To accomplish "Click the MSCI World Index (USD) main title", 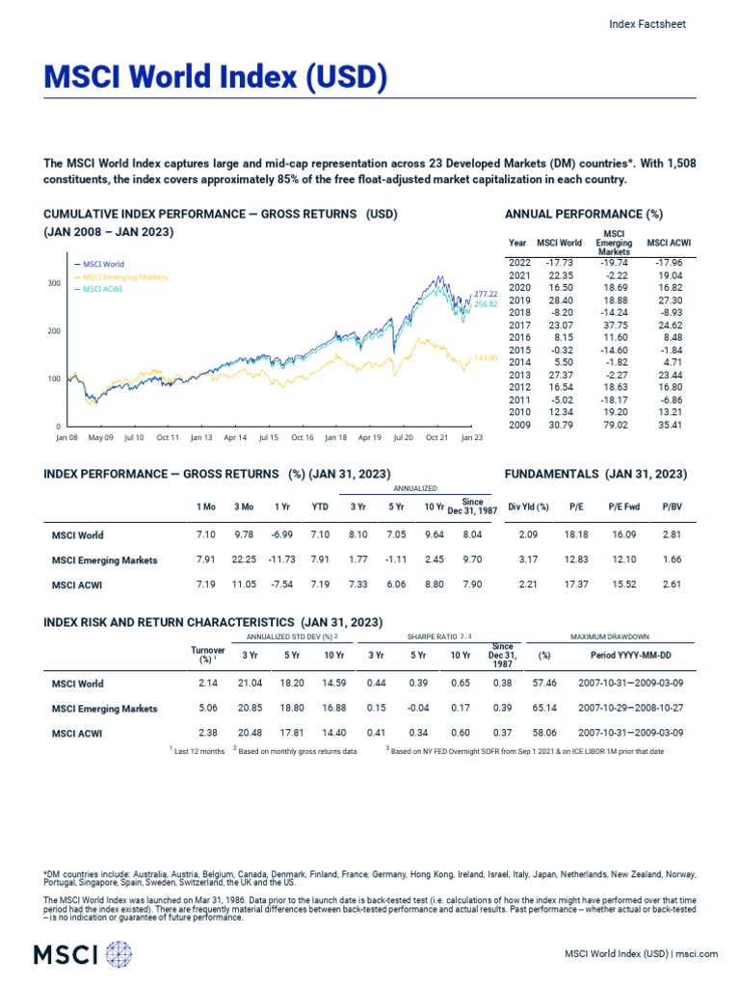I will coord(215,79).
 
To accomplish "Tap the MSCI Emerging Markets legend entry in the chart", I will coord(125,276).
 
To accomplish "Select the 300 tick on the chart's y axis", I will coord(54,284).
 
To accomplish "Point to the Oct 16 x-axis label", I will coord(302,437).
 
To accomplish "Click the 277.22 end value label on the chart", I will coord(486,294).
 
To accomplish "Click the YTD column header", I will coord(320,506).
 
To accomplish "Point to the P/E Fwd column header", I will coord(621,506).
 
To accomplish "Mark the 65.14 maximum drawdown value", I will coord(544,709).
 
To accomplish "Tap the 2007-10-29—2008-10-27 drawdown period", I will coord(632,709).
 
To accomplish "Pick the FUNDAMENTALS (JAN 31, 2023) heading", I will coord(595,474).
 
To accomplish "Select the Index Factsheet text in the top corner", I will coord(647,25).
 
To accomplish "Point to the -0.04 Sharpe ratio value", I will coord(418,709).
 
